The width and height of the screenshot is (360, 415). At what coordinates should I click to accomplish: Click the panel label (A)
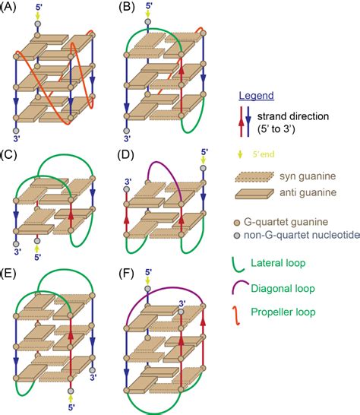pyautogui.click(x=8, y=7)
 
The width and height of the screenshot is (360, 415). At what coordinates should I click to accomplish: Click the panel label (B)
pyautogui.click(x=127, y=7)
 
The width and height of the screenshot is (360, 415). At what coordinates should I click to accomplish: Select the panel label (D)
pyautogui.click(x=125, y=155)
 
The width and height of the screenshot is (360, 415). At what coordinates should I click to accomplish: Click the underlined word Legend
pyautogui.click(x=256, y=96)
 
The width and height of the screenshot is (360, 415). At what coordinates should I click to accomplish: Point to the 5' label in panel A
pyautogui.click(x=39, y=7)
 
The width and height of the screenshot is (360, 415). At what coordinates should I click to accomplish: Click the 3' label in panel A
pyautogui.click(x=17, y=138)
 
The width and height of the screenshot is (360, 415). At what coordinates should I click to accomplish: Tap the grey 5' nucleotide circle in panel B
pyautogui.click(x=148, y=22)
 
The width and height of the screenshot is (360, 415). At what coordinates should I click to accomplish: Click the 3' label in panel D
pyautogui.click(x=128, y=182)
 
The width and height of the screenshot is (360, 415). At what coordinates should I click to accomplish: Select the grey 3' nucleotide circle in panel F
pyautogui.click(x=181, y=312)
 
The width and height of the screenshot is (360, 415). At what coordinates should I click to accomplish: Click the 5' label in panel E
pyautogui.click(x=71, y=407)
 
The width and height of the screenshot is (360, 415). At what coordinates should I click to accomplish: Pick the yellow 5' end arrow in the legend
pyautogui.click(x=240, y=154)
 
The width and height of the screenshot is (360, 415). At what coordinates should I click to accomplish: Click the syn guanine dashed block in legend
pyautogui.click(x=254, y=177)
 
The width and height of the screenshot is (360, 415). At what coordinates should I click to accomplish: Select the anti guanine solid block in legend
pyautogui.click(x=254, y=194)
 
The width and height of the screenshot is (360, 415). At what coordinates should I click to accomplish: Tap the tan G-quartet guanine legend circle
pyautogui.click(x=237, y=223)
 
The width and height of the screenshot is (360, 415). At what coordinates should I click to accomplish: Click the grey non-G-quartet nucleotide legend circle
pyautogui.click(x=237, y=235)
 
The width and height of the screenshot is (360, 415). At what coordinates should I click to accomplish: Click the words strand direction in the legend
pyautogui.click(x=293, y=116)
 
